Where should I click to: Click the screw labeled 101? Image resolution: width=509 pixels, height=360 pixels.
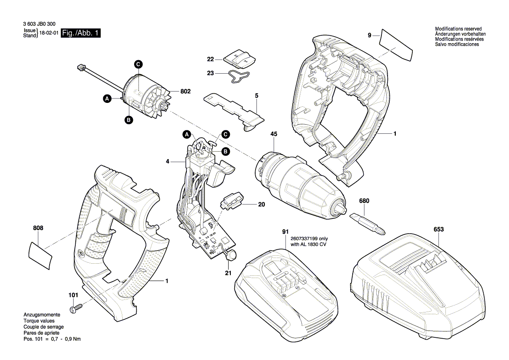(77, 308)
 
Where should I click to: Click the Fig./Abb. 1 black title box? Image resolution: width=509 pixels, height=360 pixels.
(81, 34)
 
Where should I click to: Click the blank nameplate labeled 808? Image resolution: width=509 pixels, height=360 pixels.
(40, 254)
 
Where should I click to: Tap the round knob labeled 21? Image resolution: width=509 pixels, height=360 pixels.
(231, 255)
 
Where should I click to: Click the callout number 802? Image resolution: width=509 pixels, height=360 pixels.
(186, 92)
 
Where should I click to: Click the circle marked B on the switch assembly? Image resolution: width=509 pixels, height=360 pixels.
(226, 152)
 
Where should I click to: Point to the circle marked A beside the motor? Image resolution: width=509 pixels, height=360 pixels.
(107, 99)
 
